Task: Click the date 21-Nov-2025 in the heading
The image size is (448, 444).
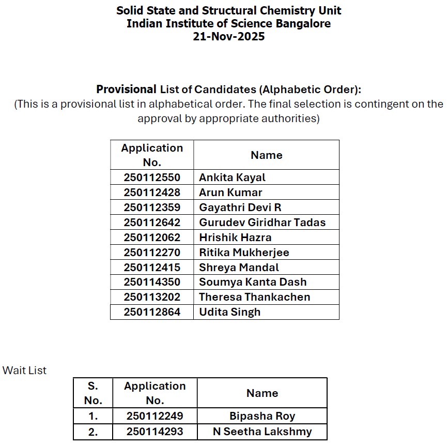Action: (x=228, y=37)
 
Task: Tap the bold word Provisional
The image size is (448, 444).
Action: (x=126, y=89)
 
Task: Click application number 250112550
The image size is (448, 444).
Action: (x=152, y=177)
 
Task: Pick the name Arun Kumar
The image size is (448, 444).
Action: (x=230, y=193)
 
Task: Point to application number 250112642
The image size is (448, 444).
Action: (x=152, y=223)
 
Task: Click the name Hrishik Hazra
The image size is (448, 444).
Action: (x=235, y=238)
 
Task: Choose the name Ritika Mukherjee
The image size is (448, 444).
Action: (x=244, y=253)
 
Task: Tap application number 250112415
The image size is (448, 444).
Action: (x=152, y=268)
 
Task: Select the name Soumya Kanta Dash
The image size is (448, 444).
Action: (x=253, y=282)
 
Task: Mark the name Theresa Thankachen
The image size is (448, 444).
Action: (x=254, y=297)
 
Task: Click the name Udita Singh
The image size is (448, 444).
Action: (x=229, y=312)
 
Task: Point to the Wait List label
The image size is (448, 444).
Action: (x=24, y=371)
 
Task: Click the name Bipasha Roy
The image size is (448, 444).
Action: (x=262, y=416)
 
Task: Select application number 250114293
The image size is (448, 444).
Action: (x=155, y=432)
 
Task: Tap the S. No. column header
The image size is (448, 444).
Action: (x=93, y=393)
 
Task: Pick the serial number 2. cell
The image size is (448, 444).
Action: (x=93, y=432)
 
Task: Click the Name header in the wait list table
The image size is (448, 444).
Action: (x=262, y=393)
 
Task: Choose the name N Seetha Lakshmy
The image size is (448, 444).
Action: (x=262, y=432)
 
